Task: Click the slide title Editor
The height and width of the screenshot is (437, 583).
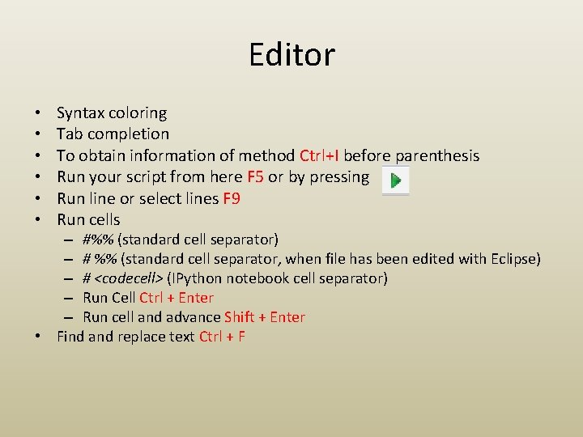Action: tap(291, 55)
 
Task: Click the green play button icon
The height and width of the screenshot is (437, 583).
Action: tap(395, 180)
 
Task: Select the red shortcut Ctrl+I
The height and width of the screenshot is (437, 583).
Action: tap(319, 155)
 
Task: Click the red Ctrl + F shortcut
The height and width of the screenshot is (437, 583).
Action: tap(222, 337)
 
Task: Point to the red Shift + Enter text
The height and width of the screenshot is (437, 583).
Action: tap(265, 317)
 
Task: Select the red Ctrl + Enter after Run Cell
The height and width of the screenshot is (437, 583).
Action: tap(177, 298)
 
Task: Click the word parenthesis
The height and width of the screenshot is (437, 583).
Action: tap(437, 155)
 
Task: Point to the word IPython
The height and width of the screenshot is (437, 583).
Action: tap(198, 278)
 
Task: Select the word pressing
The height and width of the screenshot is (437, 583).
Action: tap(340, 177)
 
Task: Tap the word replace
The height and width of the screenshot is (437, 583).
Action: tap(143, 337)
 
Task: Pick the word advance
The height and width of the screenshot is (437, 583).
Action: tap(194, 317)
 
